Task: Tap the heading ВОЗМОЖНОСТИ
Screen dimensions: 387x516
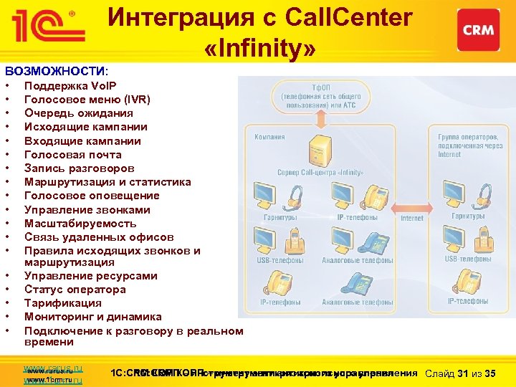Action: [56, 72]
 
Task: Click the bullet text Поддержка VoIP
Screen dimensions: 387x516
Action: [65, 86]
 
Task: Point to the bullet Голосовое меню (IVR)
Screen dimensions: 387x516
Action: [87, 100]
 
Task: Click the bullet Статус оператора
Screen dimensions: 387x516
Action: [75, 290]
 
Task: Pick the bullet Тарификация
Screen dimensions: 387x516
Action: [63, 303]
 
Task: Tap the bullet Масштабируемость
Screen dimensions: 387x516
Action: [80, 223]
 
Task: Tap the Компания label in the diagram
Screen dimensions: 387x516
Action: [269, 137]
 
